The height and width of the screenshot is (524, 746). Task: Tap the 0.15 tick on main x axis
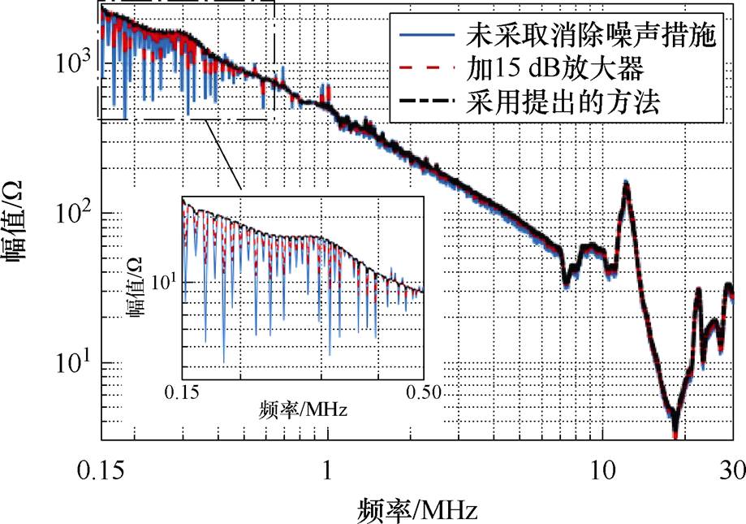pos(101,470)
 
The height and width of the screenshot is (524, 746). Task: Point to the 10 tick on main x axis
pos(602,470)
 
